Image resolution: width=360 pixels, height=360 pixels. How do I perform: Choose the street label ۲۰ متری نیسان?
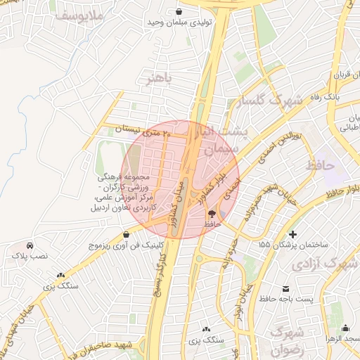148,130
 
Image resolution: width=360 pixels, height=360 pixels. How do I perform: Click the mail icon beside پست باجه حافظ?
286,289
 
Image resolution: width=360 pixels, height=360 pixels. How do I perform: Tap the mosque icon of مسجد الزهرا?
345,328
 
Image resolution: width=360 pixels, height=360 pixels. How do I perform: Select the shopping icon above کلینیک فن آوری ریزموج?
126,234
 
